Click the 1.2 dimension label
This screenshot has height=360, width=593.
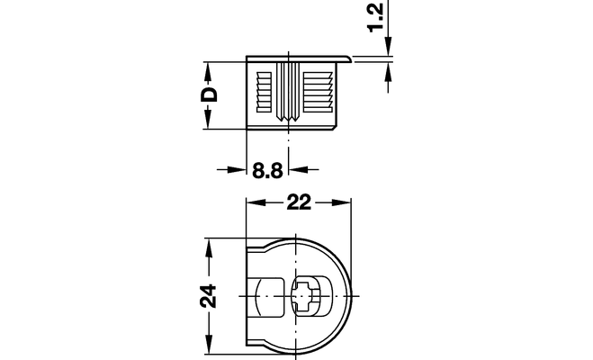376,16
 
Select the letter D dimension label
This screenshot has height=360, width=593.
209,94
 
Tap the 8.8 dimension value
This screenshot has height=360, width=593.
267,170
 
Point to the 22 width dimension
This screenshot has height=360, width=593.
299,202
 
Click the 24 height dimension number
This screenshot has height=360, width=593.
209,296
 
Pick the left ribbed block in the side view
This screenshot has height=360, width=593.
264,93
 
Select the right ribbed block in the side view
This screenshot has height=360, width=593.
318,93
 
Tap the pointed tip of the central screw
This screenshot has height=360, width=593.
288,120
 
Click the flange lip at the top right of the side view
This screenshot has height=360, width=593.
345,58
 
